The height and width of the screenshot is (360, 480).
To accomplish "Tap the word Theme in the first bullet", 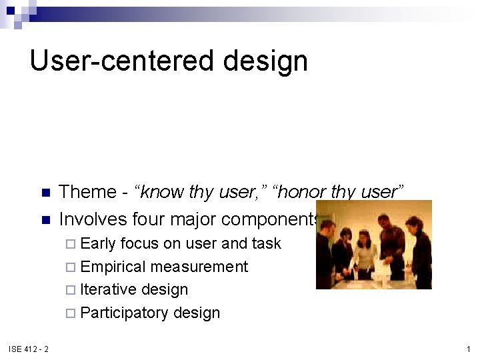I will tap(87, 192).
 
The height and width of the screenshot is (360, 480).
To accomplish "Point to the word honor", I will tap(303, 192).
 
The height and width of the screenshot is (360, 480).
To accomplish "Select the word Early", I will tap(98, 243).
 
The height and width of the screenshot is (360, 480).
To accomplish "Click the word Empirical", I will tap(113, 267).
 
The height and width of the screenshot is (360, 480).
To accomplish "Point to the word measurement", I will tap(199, 267).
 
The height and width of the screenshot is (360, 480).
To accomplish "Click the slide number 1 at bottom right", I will tap(469, 349).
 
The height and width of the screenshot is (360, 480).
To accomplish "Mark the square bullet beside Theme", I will tap(46, 193).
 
